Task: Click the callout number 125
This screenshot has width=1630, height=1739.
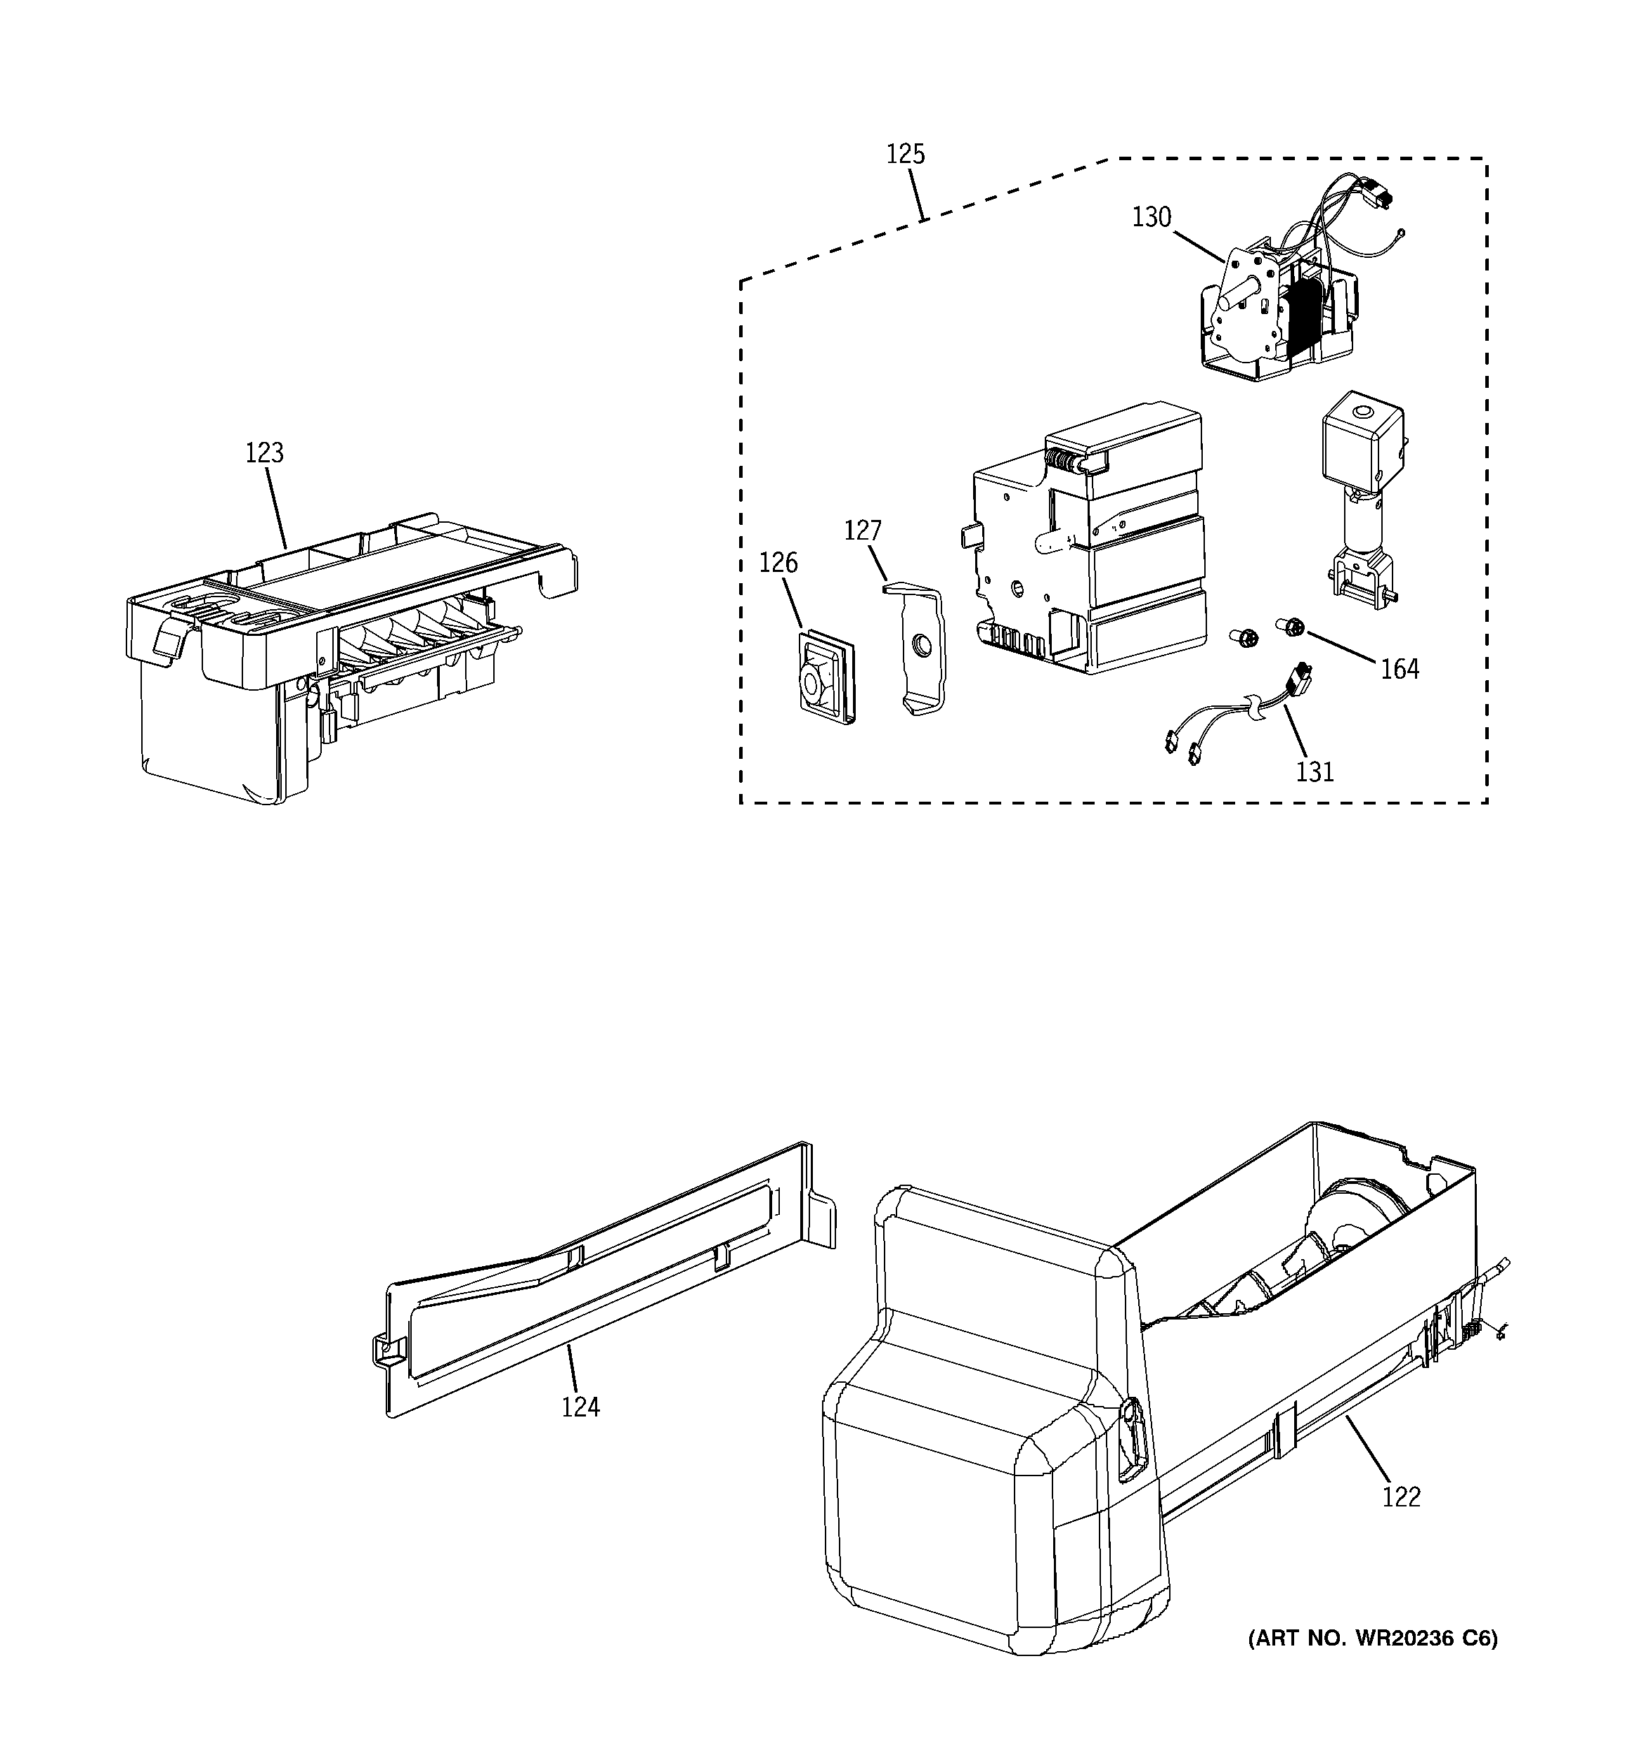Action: tap(905, 154)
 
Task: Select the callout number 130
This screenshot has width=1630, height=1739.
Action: tap(1151, 217)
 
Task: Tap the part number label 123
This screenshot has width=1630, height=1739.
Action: tap(264, 453)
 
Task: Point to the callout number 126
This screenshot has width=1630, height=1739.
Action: tap(778, 563)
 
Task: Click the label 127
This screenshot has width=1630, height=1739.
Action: tap(863, 530)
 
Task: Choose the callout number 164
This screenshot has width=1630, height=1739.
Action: tap(1400, 669)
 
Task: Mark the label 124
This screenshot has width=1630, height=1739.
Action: tap(581, 1407)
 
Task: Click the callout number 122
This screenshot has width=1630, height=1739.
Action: tap(1402, 1497)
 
